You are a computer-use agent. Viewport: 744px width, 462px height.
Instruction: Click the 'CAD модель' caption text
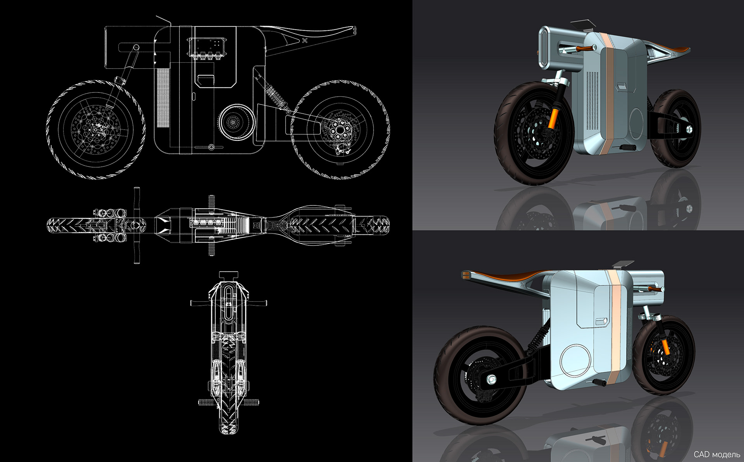716,454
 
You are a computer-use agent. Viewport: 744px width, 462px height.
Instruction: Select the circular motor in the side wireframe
234,122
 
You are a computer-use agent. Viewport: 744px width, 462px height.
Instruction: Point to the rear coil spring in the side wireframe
276,97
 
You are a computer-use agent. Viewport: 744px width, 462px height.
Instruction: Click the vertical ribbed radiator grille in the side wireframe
163,99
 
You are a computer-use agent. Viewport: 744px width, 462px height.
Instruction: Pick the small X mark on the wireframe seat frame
305,40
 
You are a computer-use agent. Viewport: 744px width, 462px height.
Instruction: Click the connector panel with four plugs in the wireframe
207,48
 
